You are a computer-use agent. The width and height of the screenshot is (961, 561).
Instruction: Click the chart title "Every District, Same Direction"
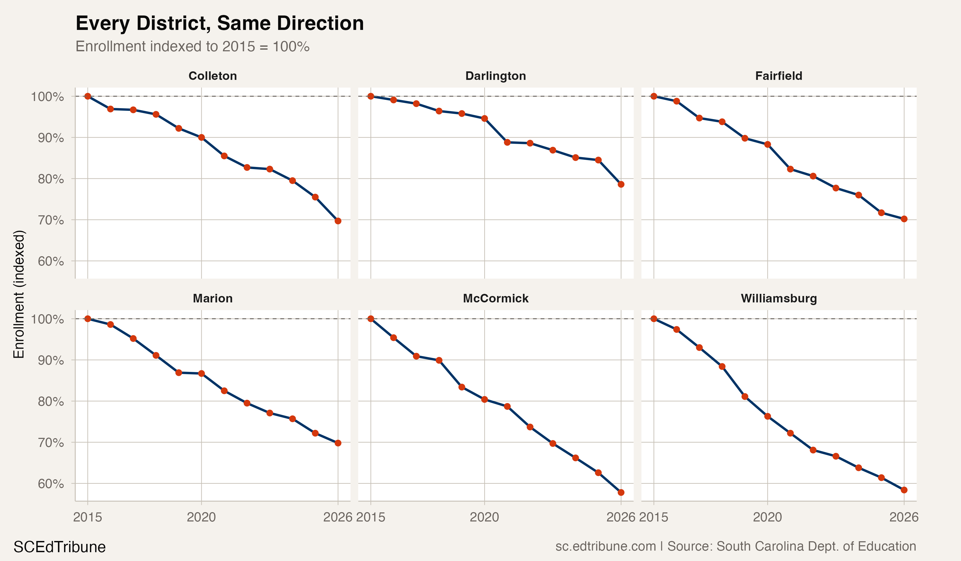pos(220,24)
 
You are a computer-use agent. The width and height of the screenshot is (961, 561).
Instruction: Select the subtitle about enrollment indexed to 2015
pos(192,46)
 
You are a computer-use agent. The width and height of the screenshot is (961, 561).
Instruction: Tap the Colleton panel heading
pos(213,76)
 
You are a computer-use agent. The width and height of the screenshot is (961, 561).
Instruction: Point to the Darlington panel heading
pos(495,76)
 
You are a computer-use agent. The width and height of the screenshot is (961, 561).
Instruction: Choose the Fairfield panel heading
pos(779,76)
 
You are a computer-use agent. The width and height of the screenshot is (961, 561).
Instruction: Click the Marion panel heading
pos(213,298)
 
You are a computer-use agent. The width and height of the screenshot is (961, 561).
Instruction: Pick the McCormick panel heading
pos(495,298)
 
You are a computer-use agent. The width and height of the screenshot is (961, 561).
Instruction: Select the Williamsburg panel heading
pos(779,298)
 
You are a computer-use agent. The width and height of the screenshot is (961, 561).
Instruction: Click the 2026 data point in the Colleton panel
pos(338,221)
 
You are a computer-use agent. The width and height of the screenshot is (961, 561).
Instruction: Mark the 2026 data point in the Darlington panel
pos(621,184)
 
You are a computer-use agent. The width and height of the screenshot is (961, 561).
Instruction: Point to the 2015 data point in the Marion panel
pos(88,319)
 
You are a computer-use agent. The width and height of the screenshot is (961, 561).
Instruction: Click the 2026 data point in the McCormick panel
pos(621,493)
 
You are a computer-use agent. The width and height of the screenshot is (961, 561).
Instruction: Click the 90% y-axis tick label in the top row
pos(51,138)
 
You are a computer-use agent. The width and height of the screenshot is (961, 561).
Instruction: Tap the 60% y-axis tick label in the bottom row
pos(51,484)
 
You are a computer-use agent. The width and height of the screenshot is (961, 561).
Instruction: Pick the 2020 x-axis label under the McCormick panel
pos(484,517)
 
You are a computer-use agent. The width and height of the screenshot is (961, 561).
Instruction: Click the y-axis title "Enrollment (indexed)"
pos(19,294)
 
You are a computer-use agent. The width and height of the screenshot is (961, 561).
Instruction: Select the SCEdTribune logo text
pos(60,547)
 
